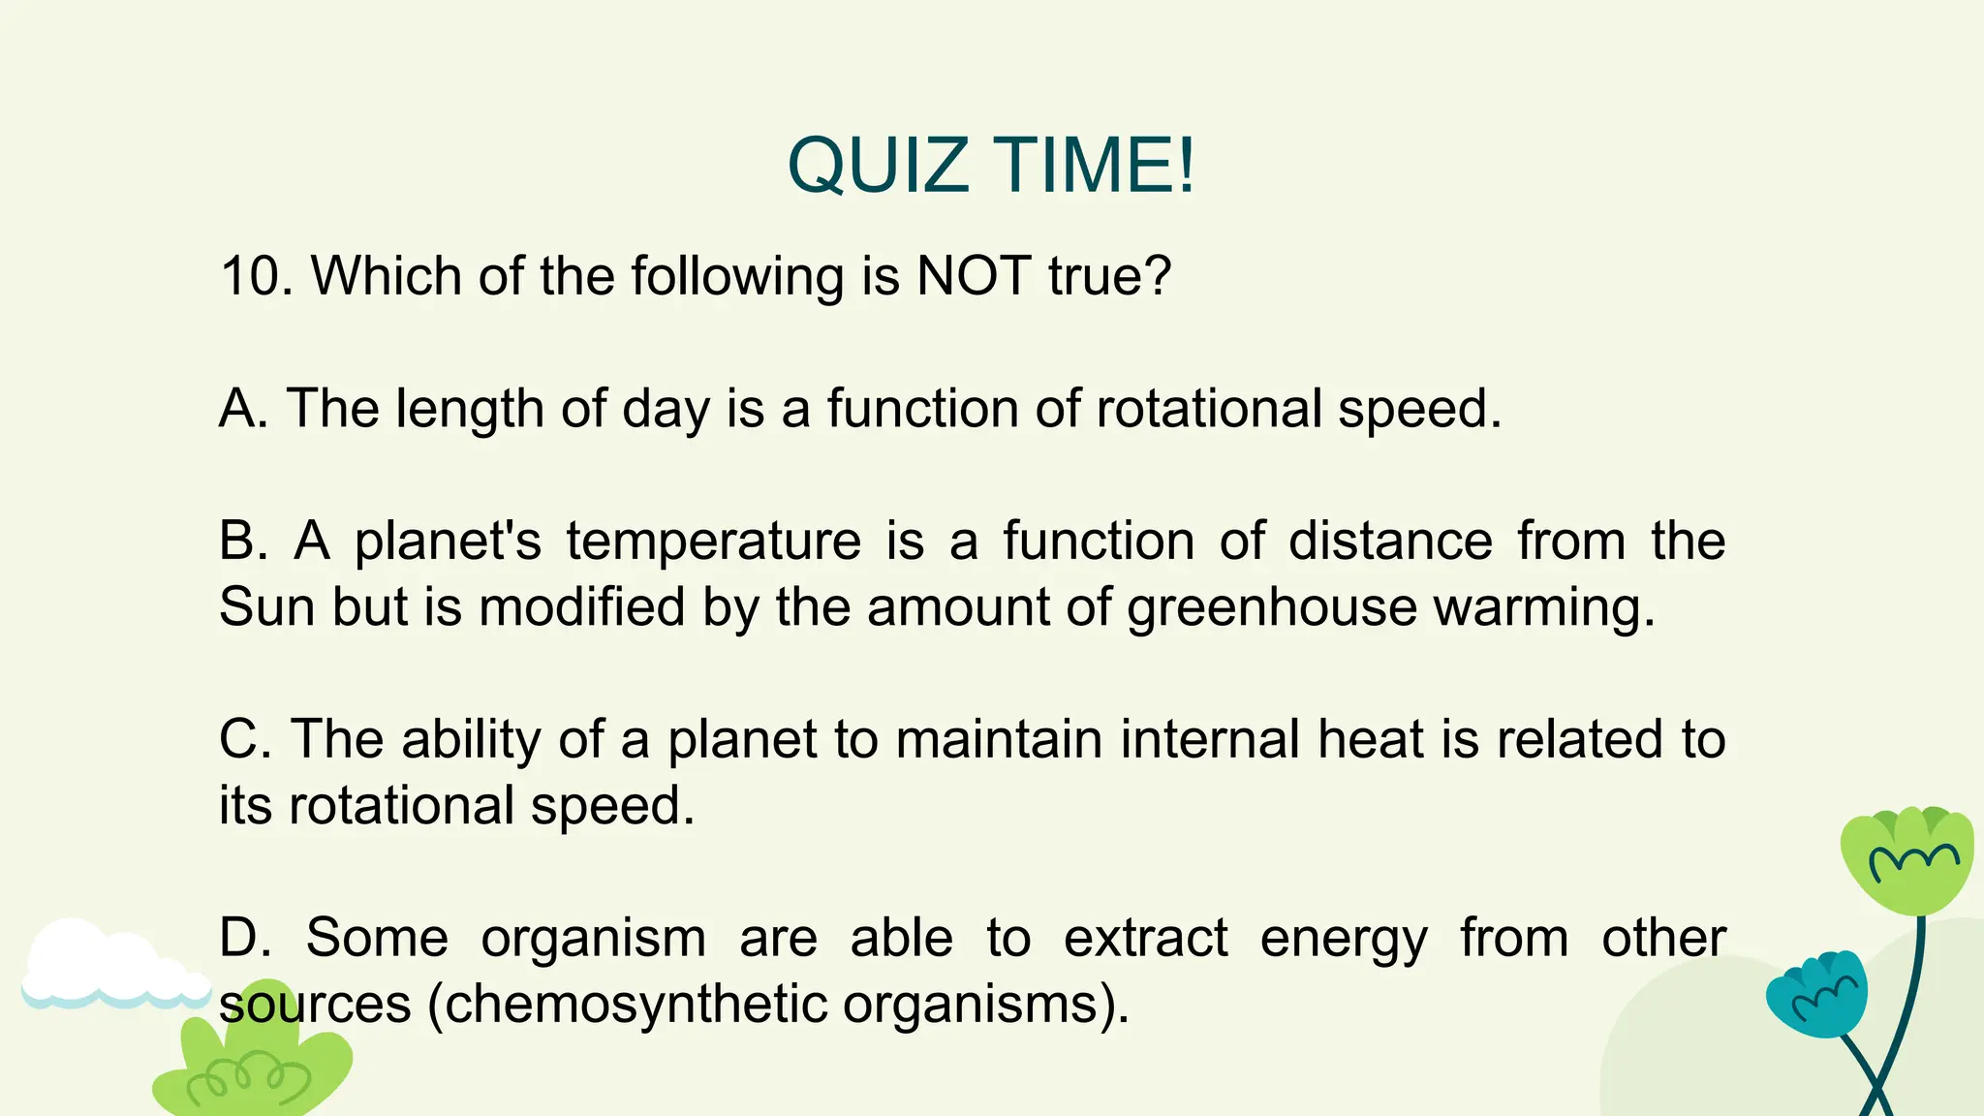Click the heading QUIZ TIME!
point(991,165)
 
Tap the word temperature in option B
point(714,542)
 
